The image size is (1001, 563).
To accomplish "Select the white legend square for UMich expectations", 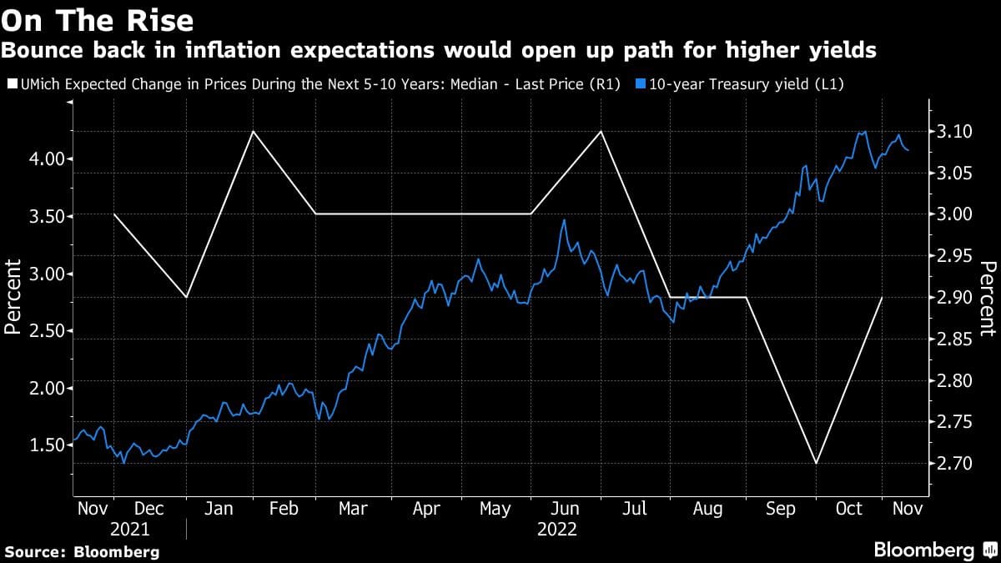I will pyautogui.click(x=10, y=83).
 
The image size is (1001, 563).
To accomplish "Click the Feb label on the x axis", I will pyautogui.click(x=284, y=509).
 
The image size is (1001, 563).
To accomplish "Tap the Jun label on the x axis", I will pyautogui.click(x=566, y=509).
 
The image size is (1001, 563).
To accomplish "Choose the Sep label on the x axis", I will pyautogui.click(x=781, y=509).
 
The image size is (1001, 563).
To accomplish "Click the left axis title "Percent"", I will pyautogui.click(x=13, y=296).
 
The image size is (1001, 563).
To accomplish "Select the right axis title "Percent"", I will pyautogui.click(x=988, y=298).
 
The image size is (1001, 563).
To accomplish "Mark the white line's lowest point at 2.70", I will pyautogui.click(x=816, y=464).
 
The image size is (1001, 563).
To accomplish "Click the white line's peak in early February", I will pyautogui.click(x=252, y=131).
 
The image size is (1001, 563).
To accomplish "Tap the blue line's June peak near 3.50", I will pyautogui.click(x=565, y=219).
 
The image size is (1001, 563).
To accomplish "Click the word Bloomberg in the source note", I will pyautogui.click(x=116, y=551).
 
